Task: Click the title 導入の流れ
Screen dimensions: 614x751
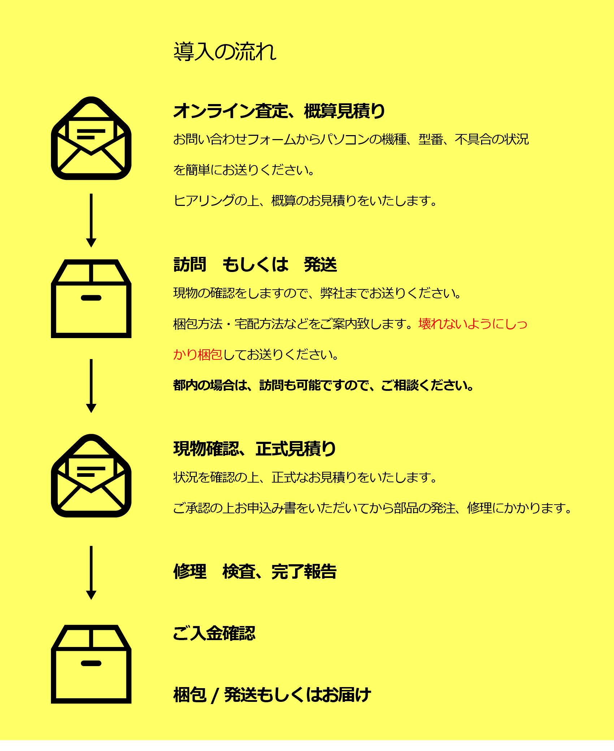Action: coord(225,51)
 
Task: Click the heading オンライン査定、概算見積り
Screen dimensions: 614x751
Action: coord(279,111)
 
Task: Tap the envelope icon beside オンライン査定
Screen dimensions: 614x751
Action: coord(91,138)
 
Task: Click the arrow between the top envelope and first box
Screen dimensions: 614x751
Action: coord(91,220)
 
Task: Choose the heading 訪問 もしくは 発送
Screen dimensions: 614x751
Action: coord(255,264)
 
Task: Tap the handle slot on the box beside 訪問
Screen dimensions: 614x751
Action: coord(91,298)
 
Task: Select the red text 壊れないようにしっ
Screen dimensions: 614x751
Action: coord(473,324)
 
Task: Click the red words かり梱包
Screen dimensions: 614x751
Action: coord(198,354)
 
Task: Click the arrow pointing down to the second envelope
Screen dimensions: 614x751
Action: coord(91,386)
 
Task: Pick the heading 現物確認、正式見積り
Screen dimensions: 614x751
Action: coord(255,449)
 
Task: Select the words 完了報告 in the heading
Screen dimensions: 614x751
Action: coord(304,571)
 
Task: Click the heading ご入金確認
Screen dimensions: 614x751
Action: coord(214,633)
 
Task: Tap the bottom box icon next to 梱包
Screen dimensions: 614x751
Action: coord(91,664)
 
